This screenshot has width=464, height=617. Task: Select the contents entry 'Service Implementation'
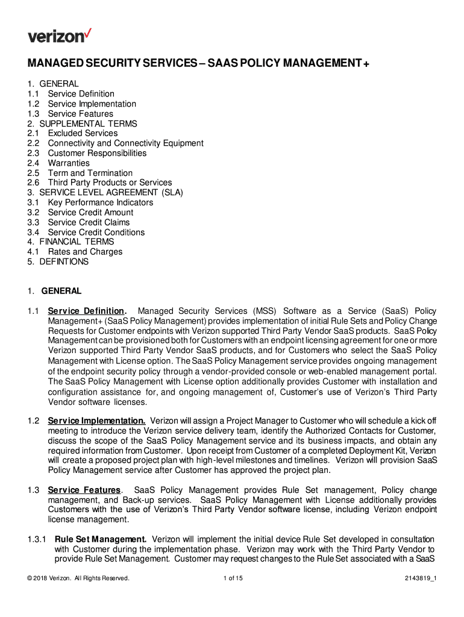[x=92, y=104]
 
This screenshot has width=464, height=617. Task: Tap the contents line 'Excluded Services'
[x=83, y=133]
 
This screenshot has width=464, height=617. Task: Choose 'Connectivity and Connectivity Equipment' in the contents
[x=125, y=143]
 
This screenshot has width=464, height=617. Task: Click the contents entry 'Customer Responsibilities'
[x=97, y=153]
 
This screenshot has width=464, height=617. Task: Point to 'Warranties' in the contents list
[x=69, y=163]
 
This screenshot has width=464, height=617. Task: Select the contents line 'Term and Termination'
[x=90, y=173]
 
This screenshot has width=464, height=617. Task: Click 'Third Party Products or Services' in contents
[x=110, y=183]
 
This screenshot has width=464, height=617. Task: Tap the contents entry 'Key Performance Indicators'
[x=101, y=202]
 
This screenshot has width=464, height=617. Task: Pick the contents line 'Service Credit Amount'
[x=90, y=212]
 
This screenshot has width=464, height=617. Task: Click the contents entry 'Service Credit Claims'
[x=89, y=222]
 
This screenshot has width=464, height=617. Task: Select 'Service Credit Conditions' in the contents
[x=96, y=232]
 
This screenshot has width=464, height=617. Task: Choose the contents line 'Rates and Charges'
[x=85, y=252]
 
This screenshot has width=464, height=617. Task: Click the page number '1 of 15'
[x=233, y=578]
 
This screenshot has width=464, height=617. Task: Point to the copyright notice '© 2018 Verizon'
[x=78, y=578]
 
